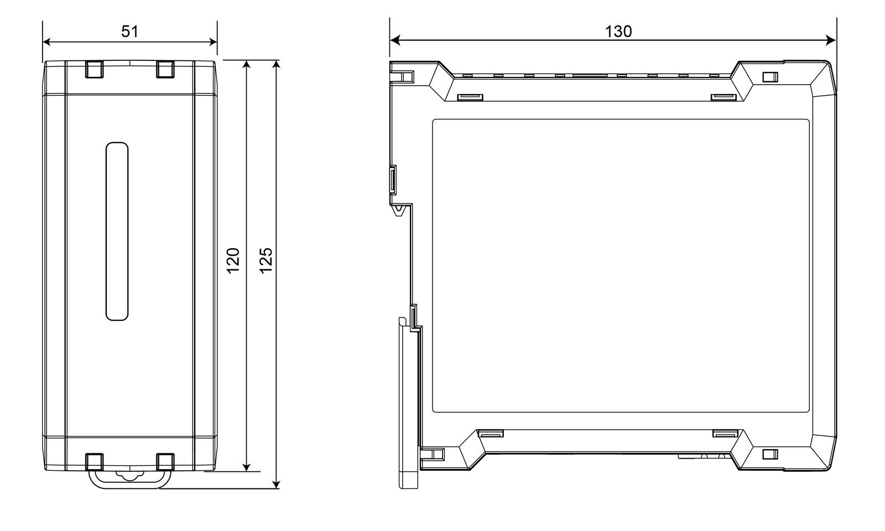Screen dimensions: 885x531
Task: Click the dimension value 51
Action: [x=129, y=32]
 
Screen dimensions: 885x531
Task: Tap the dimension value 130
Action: [x=618, y=32]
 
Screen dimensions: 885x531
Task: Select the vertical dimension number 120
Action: [x=233, y=261]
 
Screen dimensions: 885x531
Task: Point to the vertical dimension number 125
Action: [x=266, y=261]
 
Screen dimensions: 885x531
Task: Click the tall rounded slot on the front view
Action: [x=117, y=231]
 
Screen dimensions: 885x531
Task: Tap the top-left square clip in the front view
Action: [x=95, y=69]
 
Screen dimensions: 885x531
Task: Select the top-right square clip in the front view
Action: [x=165, y=69]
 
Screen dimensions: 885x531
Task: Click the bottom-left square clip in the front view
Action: [x=95, y=462]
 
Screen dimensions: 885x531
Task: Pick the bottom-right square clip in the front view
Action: [x=165, y=462]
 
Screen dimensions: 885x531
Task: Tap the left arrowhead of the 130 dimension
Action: [x=395, y=40]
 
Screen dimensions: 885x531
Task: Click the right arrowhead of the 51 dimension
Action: [x=212, y=42]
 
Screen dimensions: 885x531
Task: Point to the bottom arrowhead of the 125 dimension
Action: [x=277, y=484]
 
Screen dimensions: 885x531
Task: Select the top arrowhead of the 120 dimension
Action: [x=246, y=66]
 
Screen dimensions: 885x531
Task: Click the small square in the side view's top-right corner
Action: [x=770, y=77]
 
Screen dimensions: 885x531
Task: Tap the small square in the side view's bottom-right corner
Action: [x=770, y=454]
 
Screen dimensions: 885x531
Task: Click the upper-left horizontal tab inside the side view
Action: [x=470, y=97]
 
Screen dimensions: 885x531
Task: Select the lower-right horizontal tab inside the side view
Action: [x=725, y=434]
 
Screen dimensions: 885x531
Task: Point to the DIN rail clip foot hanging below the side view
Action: [x=409, y=403]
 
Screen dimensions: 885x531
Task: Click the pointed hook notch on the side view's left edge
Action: [x=400, y=210]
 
